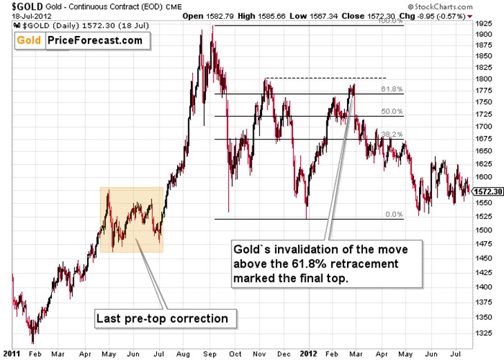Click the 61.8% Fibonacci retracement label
click(x=391, y=90)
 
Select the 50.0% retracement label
click(x=391, y=111)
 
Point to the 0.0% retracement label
click(x=393, y=215)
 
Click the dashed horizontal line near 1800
click(x=325, y=78)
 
